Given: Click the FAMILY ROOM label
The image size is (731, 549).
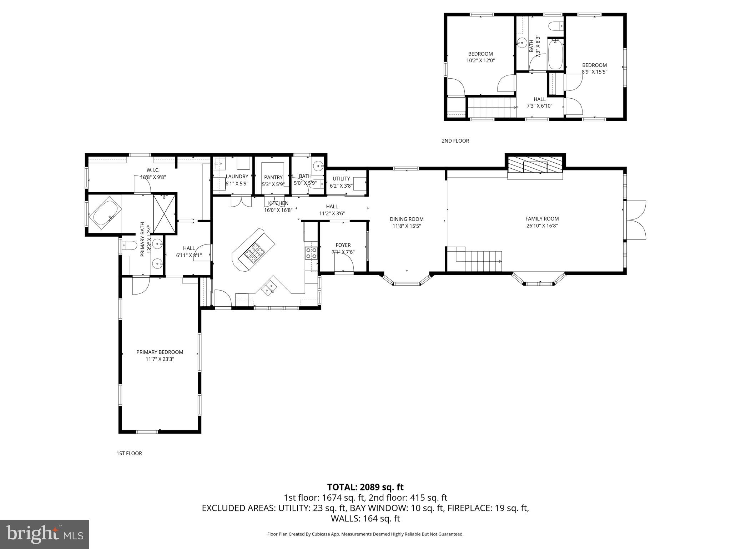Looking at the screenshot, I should click(x=542, y=219).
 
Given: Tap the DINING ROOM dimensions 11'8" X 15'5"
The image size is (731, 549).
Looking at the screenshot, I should click(x=407, y=226).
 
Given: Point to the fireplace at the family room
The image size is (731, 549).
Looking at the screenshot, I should click(x=535, y=167).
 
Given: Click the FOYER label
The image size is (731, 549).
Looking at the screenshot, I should click(x=343, y=245).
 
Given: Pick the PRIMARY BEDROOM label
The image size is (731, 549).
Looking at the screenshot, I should click(x=160, y=352).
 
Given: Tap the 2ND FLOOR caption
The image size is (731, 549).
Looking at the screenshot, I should click(x=455, y=141).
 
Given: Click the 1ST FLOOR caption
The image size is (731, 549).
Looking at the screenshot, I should click(x=129, y=453).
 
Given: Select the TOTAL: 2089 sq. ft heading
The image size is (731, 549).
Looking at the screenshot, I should click(x=365, y=487).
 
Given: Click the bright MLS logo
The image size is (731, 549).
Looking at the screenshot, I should click(x=45, y=534).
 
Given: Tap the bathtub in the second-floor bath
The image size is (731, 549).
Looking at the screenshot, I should click(x=555, y=55).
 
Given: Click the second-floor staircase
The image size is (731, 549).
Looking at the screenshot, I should click(x=491, y=107).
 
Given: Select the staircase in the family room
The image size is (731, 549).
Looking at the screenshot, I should click(x=478, y=260).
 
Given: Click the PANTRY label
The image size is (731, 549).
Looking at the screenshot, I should click(x=273, y=177).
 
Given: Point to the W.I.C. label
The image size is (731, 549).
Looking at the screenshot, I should click(x=153, y=170).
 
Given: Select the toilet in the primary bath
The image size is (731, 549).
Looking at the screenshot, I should click(x=129, y=246).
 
